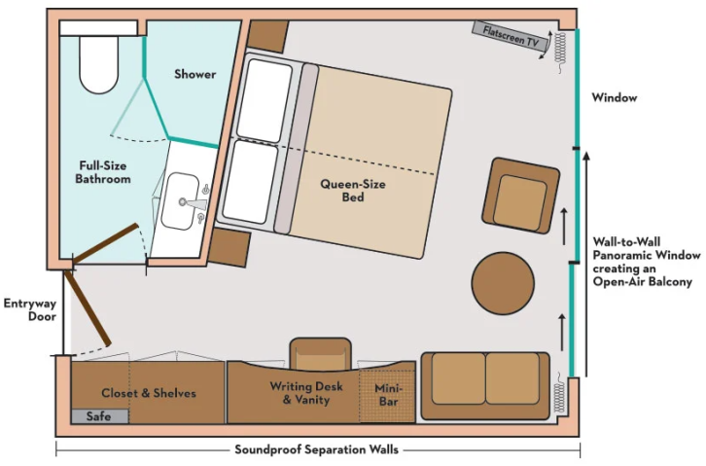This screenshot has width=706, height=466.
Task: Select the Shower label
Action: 194,74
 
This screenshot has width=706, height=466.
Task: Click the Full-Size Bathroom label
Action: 102,172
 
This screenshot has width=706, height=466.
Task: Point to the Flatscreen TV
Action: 511,37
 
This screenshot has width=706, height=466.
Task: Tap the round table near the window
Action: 503,283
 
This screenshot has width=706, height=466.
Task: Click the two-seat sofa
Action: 484,384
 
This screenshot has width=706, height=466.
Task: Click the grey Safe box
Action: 98,415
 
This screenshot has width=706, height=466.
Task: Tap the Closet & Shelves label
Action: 149,393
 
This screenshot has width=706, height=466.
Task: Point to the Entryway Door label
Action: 29,309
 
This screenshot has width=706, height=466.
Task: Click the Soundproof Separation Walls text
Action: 317,449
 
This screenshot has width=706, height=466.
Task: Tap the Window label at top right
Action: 614,97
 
